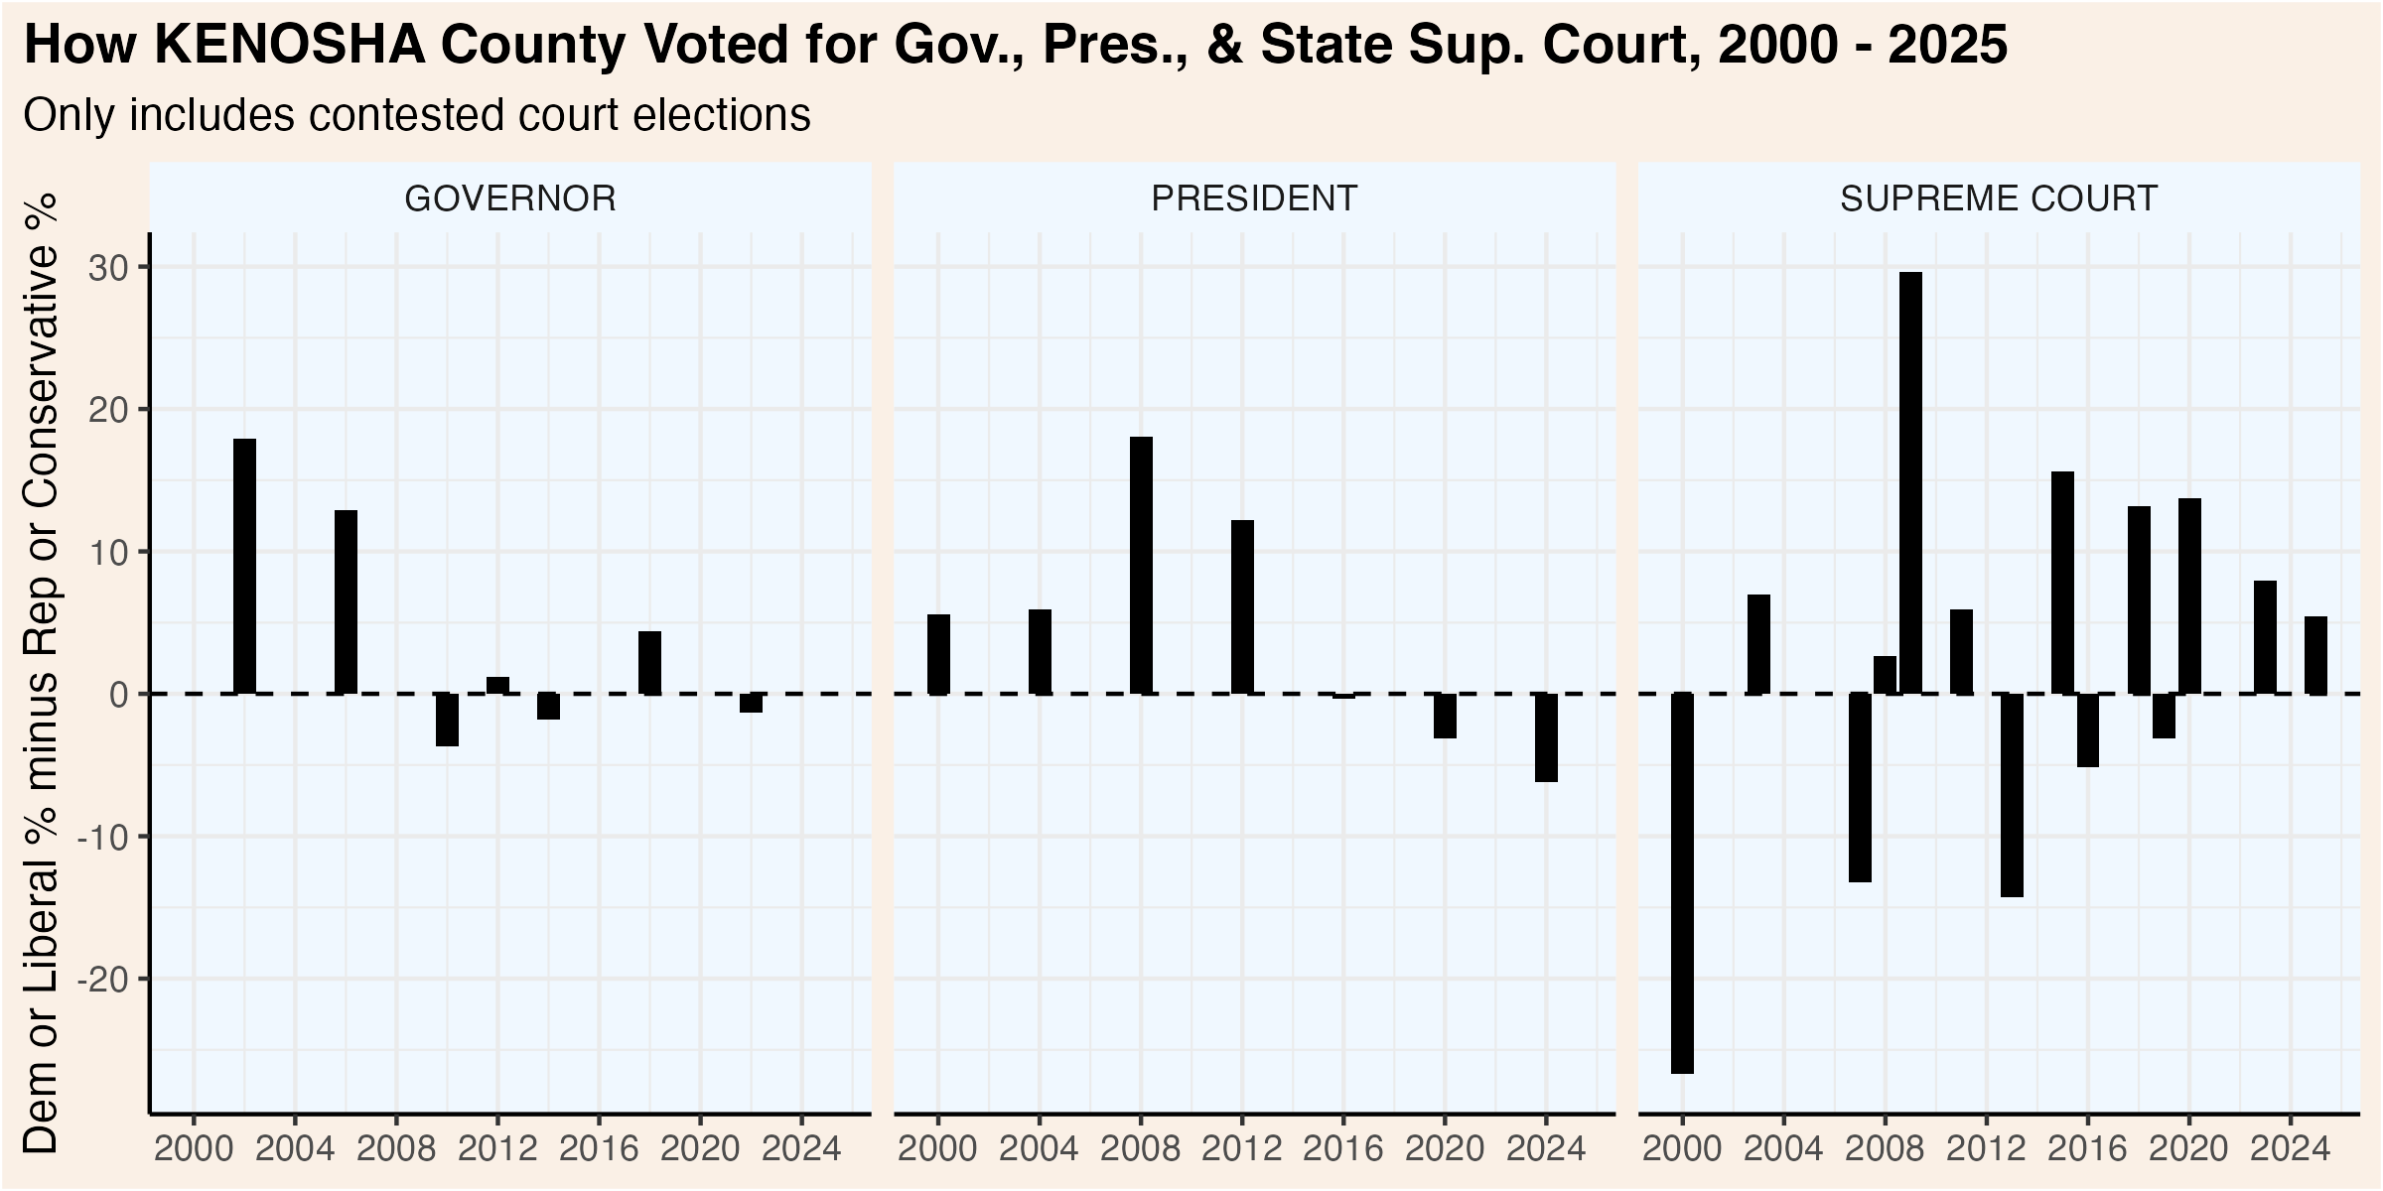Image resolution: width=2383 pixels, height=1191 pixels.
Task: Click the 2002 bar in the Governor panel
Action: [244, 566]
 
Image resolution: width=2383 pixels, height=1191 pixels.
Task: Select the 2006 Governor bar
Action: [346, 601]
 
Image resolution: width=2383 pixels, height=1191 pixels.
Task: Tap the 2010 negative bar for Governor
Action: [447, 720]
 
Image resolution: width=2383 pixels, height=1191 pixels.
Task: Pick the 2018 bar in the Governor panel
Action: [649, 662]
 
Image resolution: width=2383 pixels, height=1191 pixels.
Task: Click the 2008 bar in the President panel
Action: [1141, 565]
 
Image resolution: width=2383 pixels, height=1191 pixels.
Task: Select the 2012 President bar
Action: [1242, 606]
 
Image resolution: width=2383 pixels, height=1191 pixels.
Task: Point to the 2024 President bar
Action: [1546, 737]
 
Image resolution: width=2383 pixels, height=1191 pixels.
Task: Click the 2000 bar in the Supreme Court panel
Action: [1682, 883]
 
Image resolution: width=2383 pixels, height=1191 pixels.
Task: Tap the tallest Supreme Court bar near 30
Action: [1910, 482]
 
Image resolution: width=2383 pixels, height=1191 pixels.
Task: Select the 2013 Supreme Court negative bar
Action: [2012, 794]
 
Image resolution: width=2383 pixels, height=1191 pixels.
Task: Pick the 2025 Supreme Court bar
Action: [2315, 655]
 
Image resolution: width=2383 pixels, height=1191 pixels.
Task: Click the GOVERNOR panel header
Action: [510, 198]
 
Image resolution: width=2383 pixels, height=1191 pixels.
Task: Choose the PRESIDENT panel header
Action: [1254, 198]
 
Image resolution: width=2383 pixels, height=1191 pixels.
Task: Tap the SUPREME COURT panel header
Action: [1999, 198]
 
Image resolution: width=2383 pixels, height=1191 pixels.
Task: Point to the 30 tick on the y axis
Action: [109, 268]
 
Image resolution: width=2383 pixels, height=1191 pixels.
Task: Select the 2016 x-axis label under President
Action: [1342, 1149]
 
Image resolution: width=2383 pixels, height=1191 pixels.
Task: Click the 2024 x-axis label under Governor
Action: [801, 1149]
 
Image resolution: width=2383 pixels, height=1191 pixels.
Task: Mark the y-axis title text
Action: [42, 675]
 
